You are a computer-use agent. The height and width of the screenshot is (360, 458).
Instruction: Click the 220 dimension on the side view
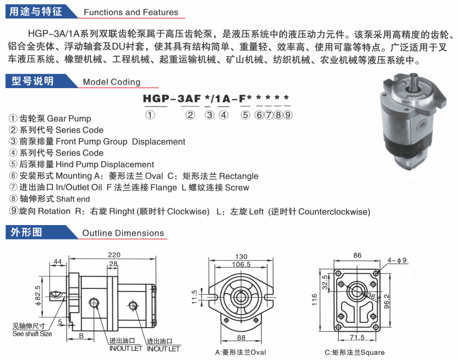tap(114, 255)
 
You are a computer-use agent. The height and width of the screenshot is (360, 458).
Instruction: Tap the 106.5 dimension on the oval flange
tap(241, 264)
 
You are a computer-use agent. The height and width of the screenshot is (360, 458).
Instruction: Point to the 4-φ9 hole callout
tap(397, 260)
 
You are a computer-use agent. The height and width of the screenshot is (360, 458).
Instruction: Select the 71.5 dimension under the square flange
tap(357, 337)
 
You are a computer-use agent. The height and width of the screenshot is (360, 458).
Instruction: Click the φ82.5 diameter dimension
tap(38, 296)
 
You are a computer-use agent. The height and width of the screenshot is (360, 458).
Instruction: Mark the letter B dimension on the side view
tap(81, 336)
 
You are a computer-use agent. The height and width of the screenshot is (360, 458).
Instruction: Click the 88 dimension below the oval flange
tap(241, 337)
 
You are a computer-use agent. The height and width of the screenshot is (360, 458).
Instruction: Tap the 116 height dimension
tap(314, 300)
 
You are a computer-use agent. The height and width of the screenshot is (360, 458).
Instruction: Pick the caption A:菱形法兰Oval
tap(240, 352)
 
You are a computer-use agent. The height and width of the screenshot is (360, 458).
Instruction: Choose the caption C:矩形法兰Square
tap(355, 352)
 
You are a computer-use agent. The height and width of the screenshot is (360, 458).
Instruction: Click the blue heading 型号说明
tap(33, 81)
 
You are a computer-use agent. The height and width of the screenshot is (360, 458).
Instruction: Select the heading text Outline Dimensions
tap(123, 233)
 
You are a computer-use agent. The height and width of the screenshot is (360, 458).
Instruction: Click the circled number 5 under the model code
tap(245, 115)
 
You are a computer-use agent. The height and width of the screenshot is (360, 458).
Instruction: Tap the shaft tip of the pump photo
tap(414, 75)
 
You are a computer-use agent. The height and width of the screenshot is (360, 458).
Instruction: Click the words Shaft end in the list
tap(73, 199)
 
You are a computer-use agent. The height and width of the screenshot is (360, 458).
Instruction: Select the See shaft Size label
tap(32, 334)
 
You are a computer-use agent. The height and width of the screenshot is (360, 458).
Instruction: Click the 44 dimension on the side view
tap(58, 262)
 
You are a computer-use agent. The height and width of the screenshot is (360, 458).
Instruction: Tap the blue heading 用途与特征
tap(36, 11)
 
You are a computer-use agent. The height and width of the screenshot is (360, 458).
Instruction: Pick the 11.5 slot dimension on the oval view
tap(195, 297)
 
